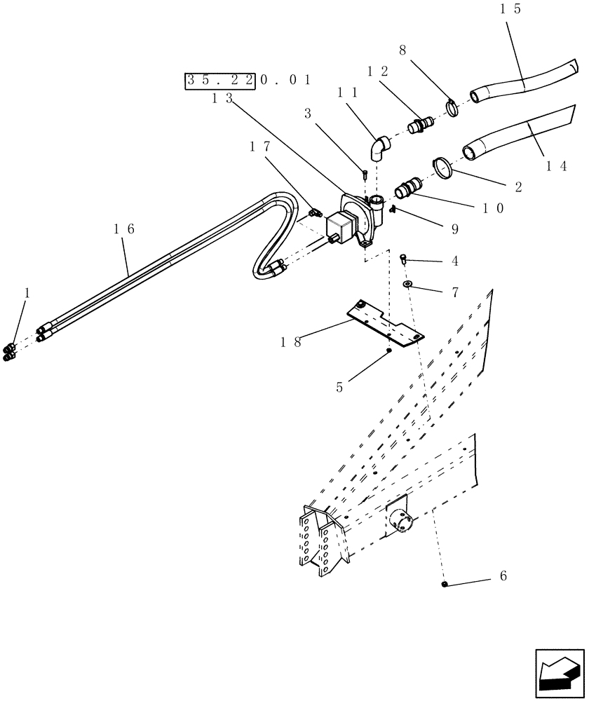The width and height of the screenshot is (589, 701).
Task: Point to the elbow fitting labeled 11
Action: pyautogui.click(x=379, y=149)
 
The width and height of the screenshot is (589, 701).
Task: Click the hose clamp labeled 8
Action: pyautogui.click(x=452, y=107)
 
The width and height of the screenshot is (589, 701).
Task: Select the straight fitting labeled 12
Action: pyautogui.click(x=420, y=126)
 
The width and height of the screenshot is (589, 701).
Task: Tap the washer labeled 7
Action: pyautogui.click(x=407, y=284)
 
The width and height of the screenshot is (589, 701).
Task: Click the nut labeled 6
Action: pyautogui.click(x=445, y=583)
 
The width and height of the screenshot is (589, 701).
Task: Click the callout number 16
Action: pyautogui.click(x=123, y=229)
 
